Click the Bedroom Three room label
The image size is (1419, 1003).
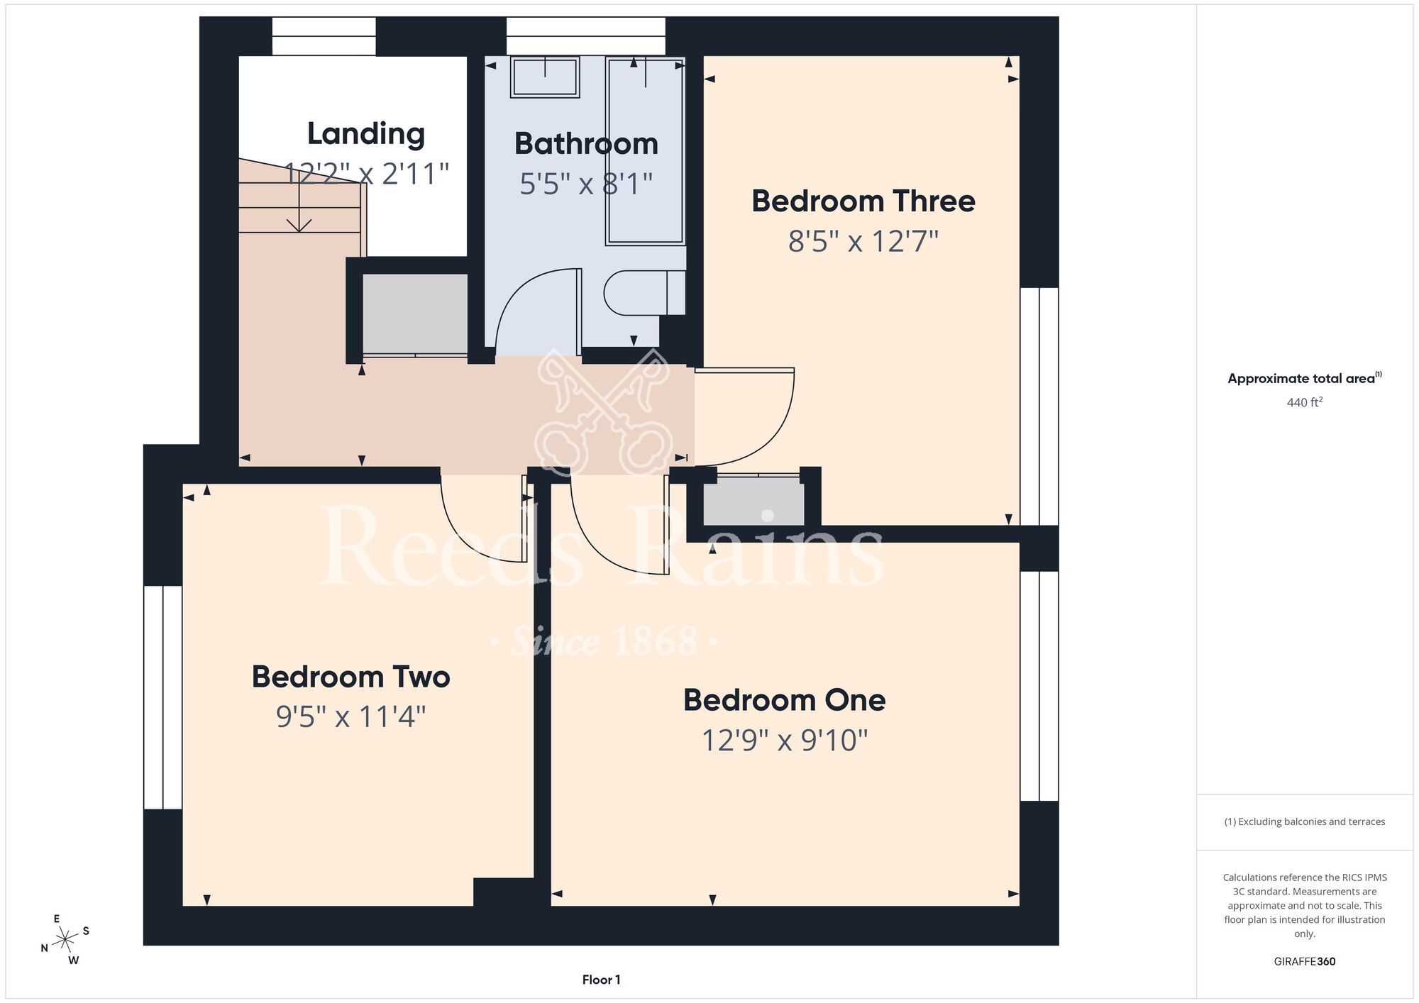pos(863,201)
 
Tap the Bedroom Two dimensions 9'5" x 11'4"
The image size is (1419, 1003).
pos(351,716)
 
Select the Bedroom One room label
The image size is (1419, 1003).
pos(785,700)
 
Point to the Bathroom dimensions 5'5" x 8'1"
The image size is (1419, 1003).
pos(586,184)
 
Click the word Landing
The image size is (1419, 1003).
pos(366,134)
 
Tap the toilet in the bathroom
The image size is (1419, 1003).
pos(644,292)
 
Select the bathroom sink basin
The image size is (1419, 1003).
pos(545,77)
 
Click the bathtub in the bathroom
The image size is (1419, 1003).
pos(645,151)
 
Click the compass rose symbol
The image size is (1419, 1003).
pos(65,940)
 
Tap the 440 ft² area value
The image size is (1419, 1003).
pos(1305,402)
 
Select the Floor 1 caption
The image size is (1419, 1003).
pos(601,980)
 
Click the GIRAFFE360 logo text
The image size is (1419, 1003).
pos(1305,962)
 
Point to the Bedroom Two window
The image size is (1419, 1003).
pos(163,697)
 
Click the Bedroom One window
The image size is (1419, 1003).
pos(1039,686)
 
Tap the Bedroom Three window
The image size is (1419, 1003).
pos(1039,406)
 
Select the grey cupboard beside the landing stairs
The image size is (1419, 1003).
pos(415,314)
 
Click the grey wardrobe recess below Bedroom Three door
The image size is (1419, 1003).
pos(753,501)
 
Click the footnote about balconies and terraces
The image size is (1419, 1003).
pos(1305,821)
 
